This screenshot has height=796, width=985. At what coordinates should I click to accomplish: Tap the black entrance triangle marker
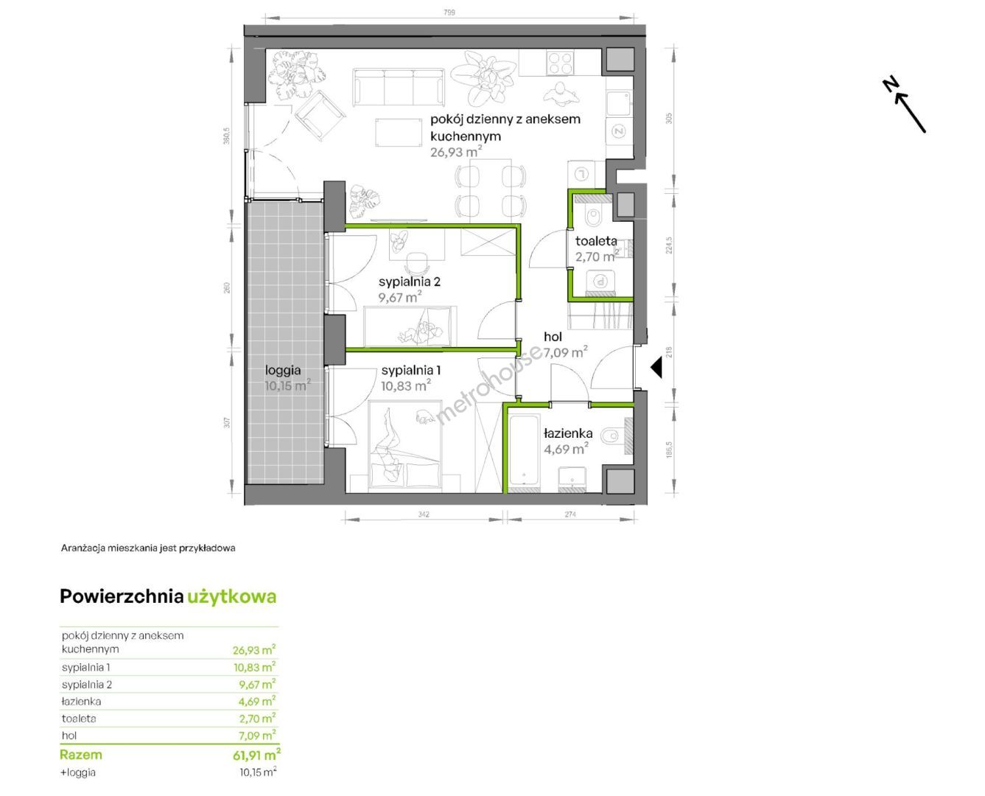[x=656, y=369]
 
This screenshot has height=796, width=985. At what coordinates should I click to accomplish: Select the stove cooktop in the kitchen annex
[x=560, y=63]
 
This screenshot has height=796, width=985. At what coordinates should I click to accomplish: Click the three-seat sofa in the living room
[x=399, y=86]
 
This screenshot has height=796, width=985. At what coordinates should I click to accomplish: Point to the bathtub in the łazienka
[x=524, y=451]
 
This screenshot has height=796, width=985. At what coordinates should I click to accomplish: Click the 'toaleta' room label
[x=595, y=241]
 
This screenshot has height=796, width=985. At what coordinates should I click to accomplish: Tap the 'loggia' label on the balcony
[x=283, y=370]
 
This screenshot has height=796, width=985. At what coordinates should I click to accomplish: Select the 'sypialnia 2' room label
[x=410, y=282]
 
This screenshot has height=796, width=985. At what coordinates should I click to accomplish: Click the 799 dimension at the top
[x=449, y=13]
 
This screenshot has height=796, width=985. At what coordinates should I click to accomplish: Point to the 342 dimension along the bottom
[x=424, y=514]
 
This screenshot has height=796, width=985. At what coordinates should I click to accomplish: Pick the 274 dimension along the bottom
[x=570, y=514]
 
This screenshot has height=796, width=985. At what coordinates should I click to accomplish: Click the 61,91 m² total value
[x=256, y=755]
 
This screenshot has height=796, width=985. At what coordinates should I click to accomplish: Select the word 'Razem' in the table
[x=81, y=755]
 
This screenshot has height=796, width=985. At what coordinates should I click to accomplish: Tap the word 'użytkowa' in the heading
[x=231, y=597]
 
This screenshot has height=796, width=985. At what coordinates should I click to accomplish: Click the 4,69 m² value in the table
[x=257, y=701]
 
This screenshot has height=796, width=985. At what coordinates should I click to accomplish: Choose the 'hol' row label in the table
[x=69, y=736]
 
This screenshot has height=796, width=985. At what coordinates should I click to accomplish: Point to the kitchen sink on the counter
[x=618, y=105]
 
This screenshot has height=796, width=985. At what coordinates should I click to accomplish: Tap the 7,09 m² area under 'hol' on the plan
[x=565, y=352]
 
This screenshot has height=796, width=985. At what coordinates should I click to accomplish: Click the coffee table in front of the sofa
[x=398, y=133]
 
